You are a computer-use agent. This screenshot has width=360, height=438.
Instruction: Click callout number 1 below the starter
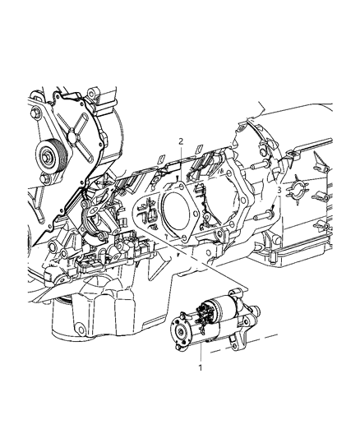pyautogui.click(x=200, y=367)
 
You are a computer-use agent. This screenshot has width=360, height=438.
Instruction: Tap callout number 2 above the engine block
pyautogui.click(x=182, y=141)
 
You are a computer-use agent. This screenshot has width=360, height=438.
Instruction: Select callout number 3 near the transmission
pyautogui.click(x=279, y=191)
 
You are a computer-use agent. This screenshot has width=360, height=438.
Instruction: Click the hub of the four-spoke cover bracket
pyautogui.click(x=73, y=136)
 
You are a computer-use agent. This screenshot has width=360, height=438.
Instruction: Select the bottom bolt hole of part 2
pyautogui.click(x=184, y=237)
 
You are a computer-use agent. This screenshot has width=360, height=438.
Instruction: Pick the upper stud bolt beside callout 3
pyautogui.click(x=259, y=166)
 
